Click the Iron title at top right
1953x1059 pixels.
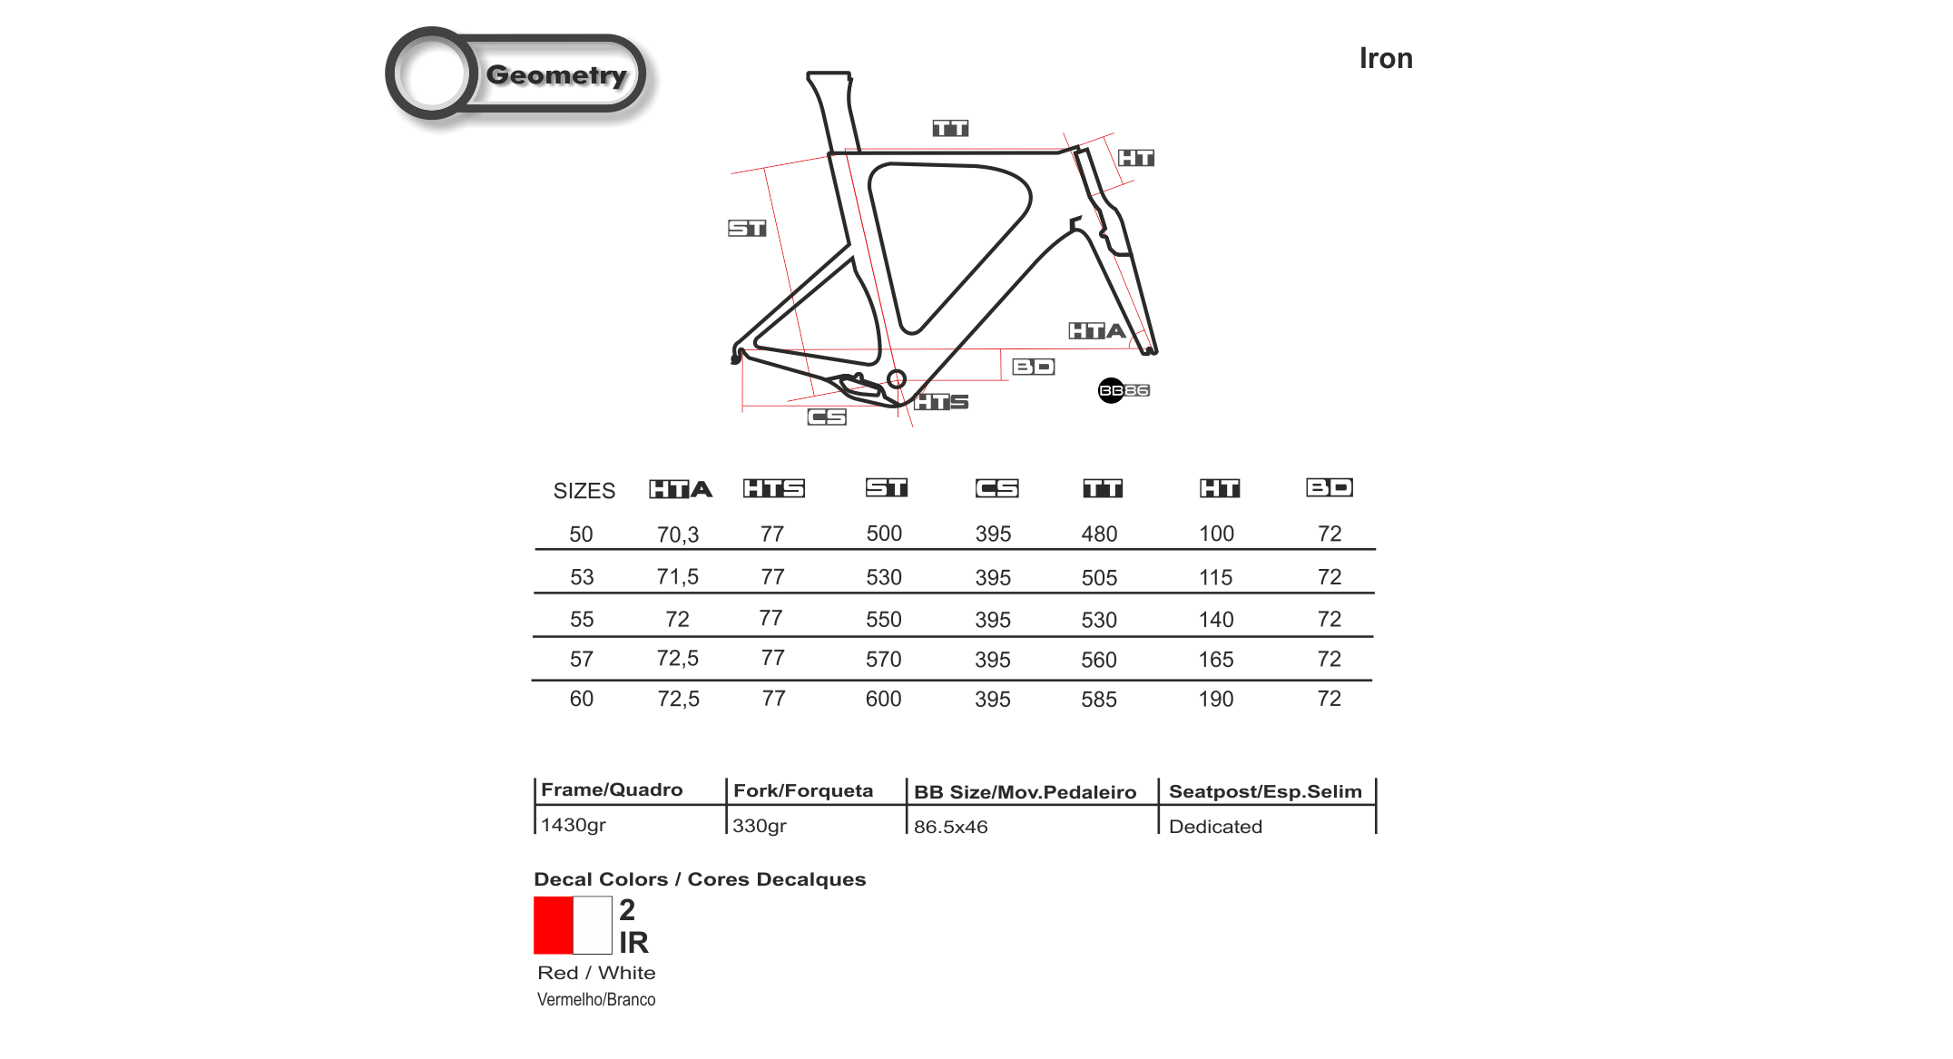(x=1385, y=58)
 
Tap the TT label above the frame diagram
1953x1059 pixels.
(x=950, y=128)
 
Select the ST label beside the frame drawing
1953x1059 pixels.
(x=747, y=228)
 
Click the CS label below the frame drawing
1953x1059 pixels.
(x=827, y=417)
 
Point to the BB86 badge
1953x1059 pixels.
(x=1124, y=390)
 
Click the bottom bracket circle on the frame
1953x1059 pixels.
(x=897, y=379)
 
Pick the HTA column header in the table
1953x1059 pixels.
(x=681, y=489)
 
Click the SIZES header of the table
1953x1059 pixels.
(x=584, y=491)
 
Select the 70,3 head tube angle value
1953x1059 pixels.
(x=678, y=534)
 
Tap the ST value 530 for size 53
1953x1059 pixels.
(x=883, y=577)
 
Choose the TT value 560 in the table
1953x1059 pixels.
(x=1098, y=660)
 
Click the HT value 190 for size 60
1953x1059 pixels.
(x=1215, y=699)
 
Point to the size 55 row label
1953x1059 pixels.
(x=581, y=619)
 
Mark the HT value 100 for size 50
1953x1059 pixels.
(x=1216, y=534)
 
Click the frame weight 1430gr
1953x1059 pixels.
(x=573, y=825)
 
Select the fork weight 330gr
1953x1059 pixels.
(x=759, y=826)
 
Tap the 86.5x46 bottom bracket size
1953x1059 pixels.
(x=950, y=827)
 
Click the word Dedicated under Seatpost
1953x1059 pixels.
(x=1215, y=827)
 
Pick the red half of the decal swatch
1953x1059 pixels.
(x=553, y=925)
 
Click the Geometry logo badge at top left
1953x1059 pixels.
(x=523, y=79)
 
